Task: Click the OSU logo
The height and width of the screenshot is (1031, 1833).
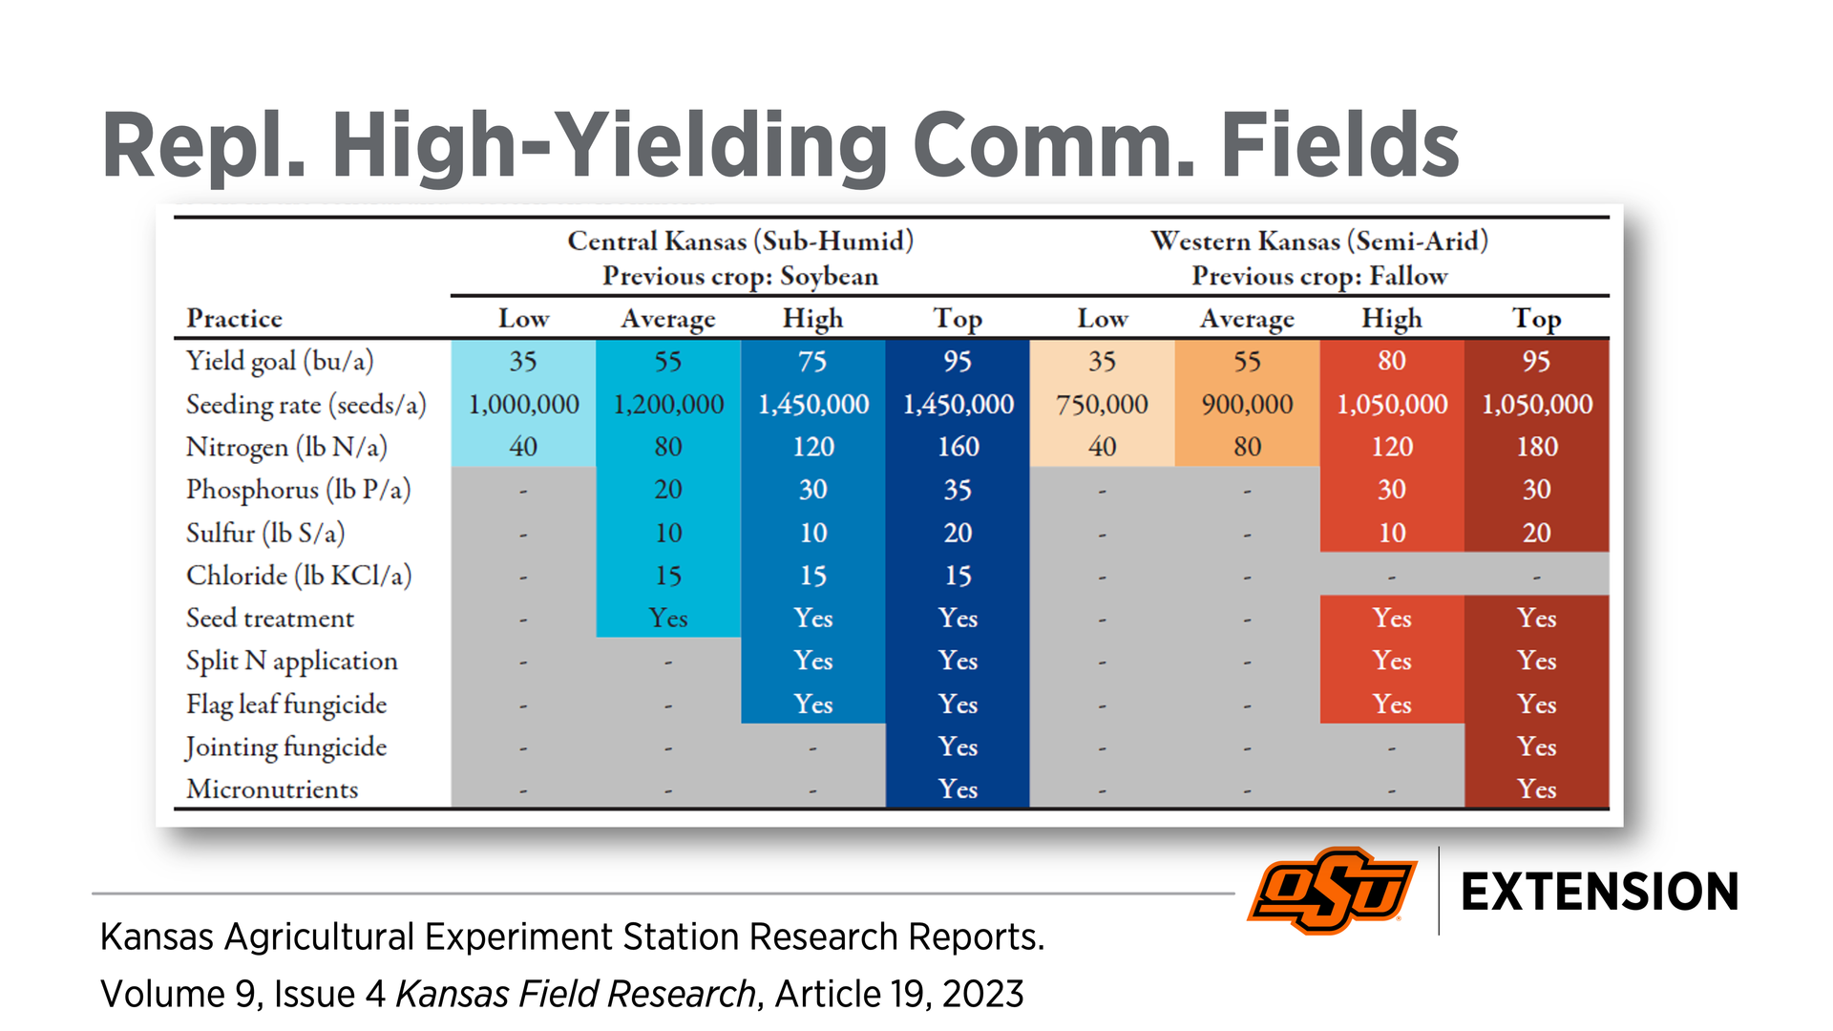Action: pos(1332,890)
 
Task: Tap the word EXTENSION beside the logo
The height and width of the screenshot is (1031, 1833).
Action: pos(1599,893)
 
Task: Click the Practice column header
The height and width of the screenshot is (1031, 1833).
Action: pos(234,319)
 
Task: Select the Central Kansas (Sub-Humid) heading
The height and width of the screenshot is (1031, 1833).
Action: pos(740,241)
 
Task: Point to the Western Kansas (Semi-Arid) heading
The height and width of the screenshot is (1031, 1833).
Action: pos(1319,241)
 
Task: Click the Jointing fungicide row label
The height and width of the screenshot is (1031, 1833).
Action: pos(285,747)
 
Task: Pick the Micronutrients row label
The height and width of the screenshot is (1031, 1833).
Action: pos(272,789)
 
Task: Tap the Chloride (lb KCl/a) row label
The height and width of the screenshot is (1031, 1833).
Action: pos(299,576)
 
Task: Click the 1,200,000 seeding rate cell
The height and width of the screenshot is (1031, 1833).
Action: pos(668,405)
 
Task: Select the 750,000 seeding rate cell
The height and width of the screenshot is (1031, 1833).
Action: pos(1102,405)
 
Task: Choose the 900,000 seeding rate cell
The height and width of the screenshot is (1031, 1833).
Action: pos(1247,405)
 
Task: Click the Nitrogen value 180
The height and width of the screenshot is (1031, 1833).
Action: pos(1536,447)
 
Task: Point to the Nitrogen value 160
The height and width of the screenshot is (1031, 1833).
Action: pos(958,447)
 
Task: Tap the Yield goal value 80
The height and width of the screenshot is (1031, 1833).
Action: pos(1391,361)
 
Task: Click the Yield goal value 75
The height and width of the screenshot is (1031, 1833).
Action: pos(812,361)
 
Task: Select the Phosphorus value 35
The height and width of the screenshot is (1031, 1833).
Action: pos(958,490)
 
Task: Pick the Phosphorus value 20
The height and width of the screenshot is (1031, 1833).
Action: pos(668,490)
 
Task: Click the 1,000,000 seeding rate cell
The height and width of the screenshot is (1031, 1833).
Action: pos(523,405)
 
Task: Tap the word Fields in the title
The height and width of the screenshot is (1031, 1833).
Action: pos(1339,145)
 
